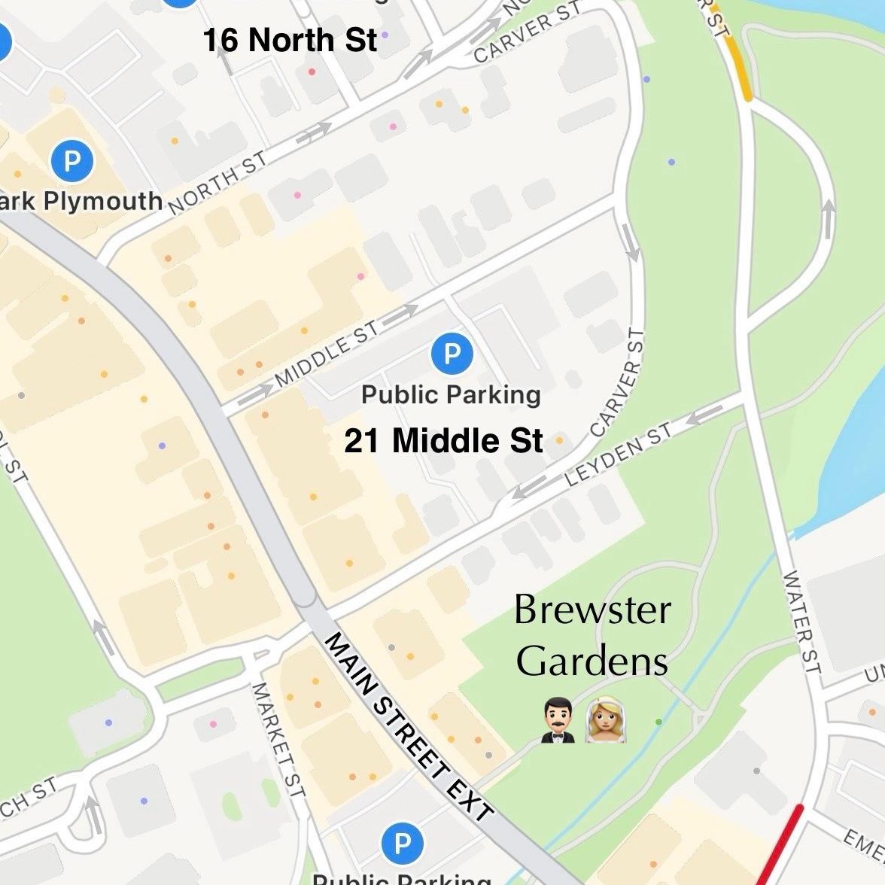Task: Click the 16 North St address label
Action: pos(290,40)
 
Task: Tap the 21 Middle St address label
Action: pos(443,441)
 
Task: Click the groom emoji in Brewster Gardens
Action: pos(558,721)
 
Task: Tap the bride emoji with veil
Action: pos(606,721)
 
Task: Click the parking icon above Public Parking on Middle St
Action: pos(452,354)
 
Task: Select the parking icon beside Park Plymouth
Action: pos(72,161)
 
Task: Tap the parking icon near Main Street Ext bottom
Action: pos(403,844)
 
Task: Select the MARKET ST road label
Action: pos(278,741)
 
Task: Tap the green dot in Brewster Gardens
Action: pos(658,722)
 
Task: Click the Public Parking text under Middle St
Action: pos(451,394)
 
